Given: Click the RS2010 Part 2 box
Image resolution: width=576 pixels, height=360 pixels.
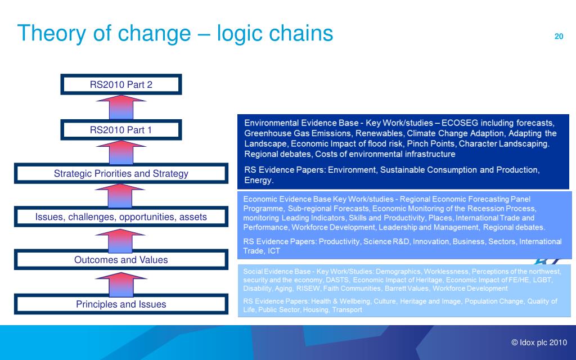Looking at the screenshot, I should [x=121, y=85].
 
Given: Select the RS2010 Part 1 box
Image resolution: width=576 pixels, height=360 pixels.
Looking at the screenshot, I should [x=121, y=130].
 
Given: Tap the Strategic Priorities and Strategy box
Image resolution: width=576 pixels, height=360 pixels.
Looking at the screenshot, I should [x=121, y=174].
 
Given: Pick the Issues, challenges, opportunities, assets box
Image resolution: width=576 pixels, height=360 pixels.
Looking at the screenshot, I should [x=121, y=217].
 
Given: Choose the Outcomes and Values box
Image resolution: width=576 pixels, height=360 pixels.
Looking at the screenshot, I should [x=121, y=260].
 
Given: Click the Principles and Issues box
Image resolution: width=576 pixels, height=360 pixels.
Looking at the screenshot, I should [x=121, y=304].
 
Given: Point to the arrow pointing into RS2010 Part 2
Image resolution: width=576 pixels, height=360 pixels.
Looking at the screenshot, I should [x=121, y=107].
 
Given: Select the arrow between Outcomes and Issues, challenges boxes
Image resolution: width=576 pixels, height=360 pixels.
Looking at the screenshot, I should [x=121, y=238].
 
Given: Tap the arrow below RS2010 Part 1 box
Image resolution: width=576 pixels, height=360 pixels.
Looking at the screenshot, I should [x=121, y=152].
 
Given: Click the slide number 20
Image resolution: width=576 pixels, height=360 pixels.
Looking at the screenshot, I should [x=559, y=37].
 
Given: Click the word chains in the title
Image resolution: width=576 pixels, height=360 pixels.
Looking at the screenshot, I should [x=299, y=34].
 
